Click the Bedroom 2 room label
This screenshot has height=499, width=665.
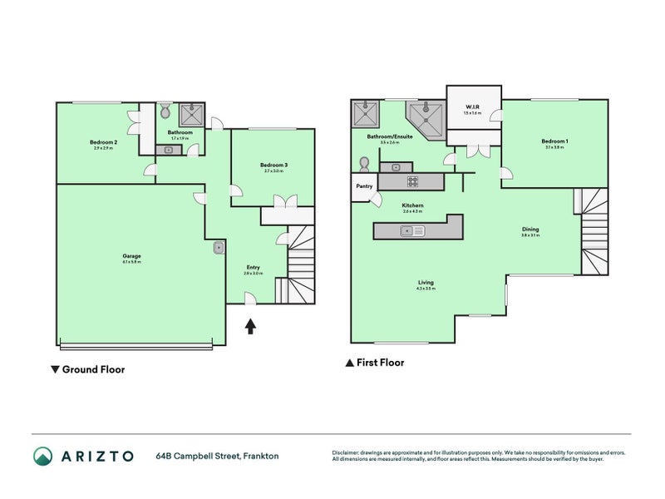pyautogui.click(x=104, y=142)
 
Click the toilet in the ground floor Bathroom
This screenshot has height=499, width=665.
pyautogui.click(x=165, y=111)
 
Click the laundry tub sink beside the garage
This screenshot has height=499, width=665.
pyautogui.click(x=218, y=247)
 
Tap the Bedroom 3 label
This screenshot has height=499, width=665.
pyautogui.click(x=273, y=165)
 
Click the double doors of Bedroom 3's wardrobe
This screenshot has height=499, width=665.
pyautogui.click(x=286, y=201)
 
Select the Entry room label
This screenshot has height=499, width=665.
pyautogui.click(x=253, y=267)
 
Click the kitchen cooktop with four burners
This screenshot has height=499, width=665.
pyautogui.click(x=411, y=180)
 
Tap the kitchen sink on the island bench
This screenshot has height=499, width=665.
pyautogui.click(x=411, y=231)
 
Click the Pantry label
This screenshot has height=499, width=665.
pyautogui.click(x=364, y=186)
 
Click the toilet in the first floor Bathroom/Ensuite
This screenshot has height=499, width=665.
pyautogui.click(x=364, y=163)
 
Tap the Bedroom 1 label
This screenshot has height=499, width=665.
pyautogui.click(x=555, y=141)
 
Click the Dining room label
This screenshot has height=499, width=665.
pyautogui.click(x=530, y=230)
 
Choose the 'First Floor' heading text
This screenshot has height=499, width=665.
pyautogui.click(x=380, y=363)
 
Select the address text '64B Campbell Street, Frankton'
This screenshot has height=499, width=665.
pyautogui.click(x=217, y=456)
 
